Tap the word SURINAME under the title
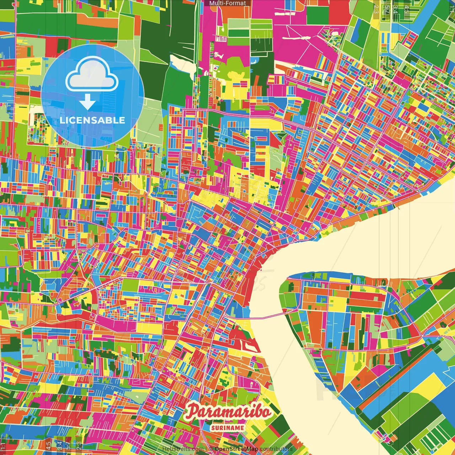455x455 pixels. (227, 428)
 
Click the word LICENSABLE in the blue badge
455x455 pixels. (92, 120)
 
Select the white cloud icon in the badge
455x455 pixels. (92, 75)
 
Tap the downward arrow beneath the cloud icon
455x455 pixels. (87, 103)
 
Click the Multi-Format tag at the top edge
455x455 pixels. (227, 3)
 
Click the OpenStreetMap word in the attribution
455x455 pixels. (236, 449)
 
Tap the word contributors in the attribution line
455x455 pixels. (276, 449)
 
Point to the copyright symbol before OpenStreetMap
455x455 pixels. (211, 449)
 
